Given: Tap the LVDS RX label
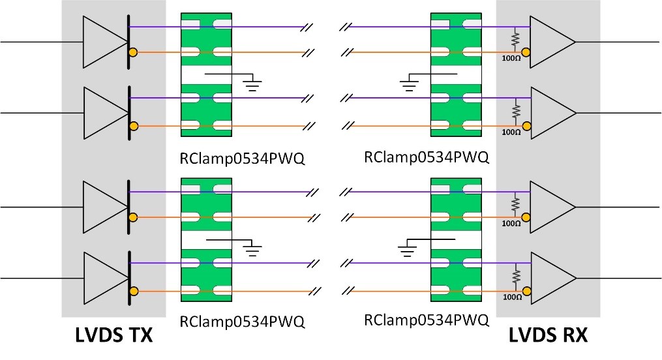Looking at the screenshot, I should (548, 337).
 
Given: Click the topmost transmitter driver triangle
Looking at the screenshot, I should (103, 40).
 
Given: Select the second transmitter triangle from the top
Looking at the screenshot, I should (103, 112).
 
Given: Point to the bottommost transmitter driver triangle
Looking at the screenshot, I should (103, 277).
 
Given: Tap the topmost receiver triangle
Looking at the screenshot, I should (551, 41).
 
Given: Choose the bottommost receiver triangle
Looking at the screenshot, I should (551, 278).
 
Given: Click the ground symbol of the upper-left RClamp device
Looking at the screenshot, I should (252, 82).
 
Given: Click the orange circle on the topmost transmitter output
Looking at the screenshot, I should (133, 52).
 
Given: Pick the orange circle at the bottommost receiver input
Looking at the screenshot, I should (526, 290).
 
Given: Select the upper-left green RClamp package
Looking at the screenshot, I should (207, 74).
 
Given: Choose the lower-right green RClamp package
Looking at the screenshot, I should (456, 239).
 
